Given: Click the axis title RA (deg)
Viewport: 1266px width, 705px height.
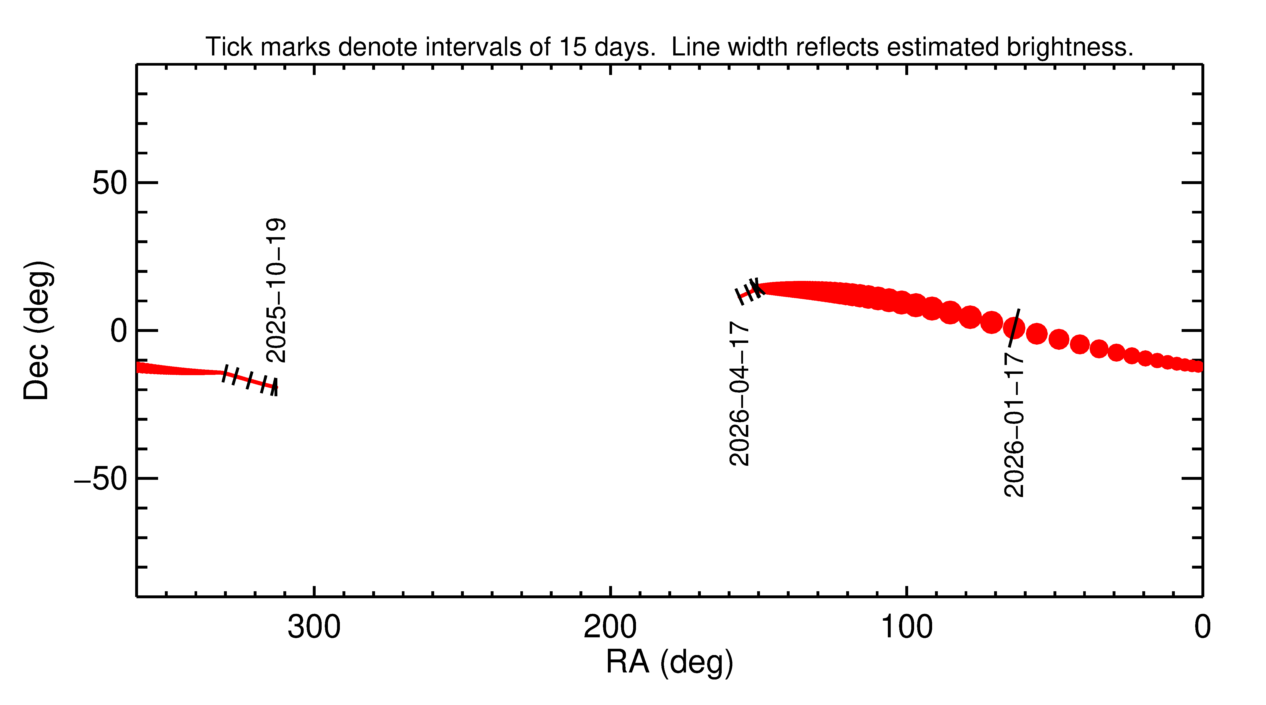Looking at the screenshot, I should tap(669, 662).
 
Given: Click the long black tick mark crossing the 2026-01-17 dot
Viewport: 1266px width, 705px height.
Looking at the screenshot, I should tap(1014, 328).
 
